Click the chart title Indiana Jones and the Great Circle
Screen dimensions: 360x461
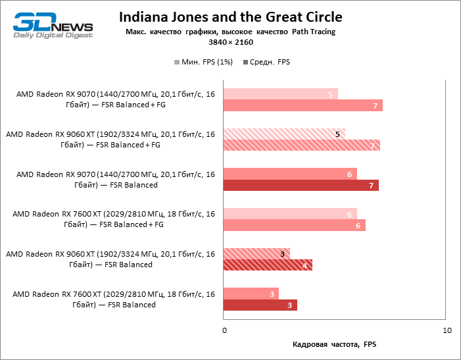click(x=230, y=16)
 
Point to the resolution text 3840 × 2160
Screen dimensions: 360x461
click(x=230, y=42)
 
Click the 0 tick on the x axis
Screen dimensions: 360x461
click(x=224, y=330)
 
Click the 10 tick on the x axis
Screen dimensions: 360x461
click(x=447, y=330)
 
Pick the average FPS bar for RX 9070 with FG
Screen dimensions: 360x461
click(x=303, y=106)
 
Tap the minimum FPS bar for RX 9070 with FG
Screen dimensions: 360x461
click(x=281, y=94)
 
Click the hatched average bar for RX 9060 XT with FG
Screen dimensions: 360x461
click(x=302, y=146)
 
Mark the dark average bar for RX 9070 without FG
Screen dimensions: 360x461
click(x=301, y=186)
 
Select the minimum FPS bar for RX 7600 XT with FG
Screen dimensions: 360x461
click(x=290, y=214)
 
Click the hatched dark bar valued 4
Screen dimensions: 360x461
click(x=268, y=265)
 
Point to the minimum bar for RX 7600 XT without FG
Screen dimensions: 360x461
click(x=251, y=294)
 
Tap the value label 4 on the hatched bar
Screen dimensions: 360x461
click(x=304, y=266)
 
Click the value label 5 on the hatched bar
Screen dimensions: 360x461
click(x=337, y=134)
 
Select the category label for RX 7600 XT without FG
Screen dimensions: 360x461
click(x=112, y=299)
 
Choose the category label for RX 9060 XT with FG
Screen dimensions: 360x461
click(x=110, y=140)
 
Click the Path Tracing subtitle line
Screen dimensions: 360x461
click(x=230, y=32)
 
